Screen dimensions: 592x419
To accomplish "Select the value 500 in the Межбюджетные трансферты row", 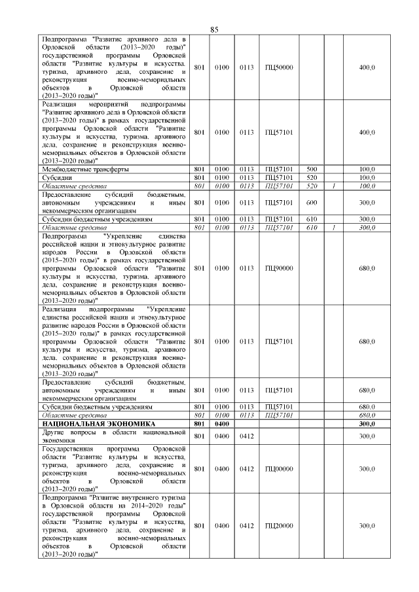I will click(x=312, y=169).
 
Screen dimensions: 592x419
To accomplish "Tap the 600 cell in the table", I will click(x=312, y=203).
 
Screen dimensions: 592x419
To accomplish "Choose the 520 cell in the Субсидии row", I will click(x=312, y=178).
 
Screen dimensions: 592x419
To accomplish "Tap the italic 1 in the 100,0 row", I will click(x=334, y=186).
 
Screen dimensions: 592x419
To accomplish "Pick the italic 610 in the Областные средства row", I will click(x=312, y=228).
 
